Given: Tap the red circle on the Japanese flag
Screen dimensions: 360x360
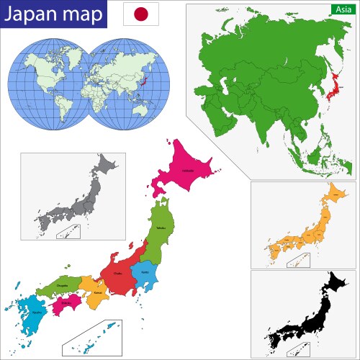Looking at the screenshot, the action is [x=141, y=14].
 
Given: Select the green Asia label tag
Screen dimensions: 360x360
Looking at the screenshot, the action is [x=342, y=9].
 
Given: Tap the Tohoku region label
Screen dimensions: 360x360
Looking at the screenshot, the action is [x=161, y=228].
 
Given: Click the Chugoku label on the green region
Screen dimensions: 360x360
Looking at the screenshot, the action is [x=63, y=286].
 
